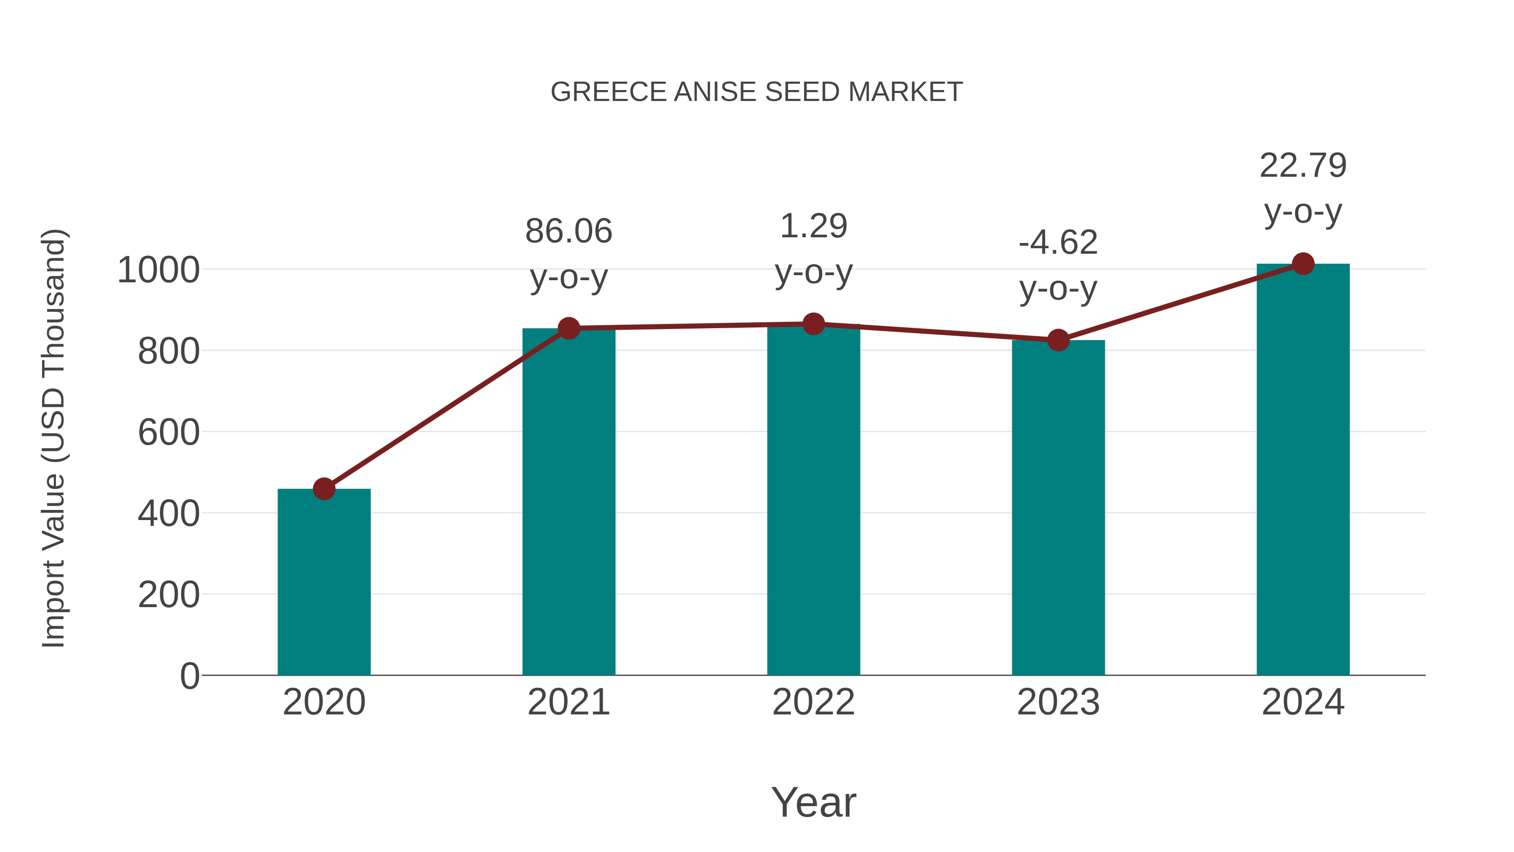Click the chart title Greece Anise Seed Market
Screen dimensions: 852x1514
[757, 92]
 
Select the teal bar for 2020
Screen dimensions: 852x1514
[324, 582]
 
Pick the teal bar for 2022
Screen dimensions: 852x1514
[813, 500]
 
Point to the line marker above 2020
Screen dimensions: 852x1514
[324, 488]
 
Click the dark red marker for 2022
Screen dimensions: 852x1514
[813, 324]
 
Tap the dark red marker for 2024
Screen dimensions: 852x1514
[1303, 264]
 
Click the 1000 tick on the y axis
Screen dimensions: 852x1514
[159, 271]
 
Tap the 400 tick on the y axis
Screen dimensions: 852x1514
[169, 514]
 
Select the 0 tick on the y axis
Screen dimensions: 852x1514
[190, 676]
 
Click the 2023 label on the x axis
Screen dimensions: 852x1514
[1058, 702]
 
